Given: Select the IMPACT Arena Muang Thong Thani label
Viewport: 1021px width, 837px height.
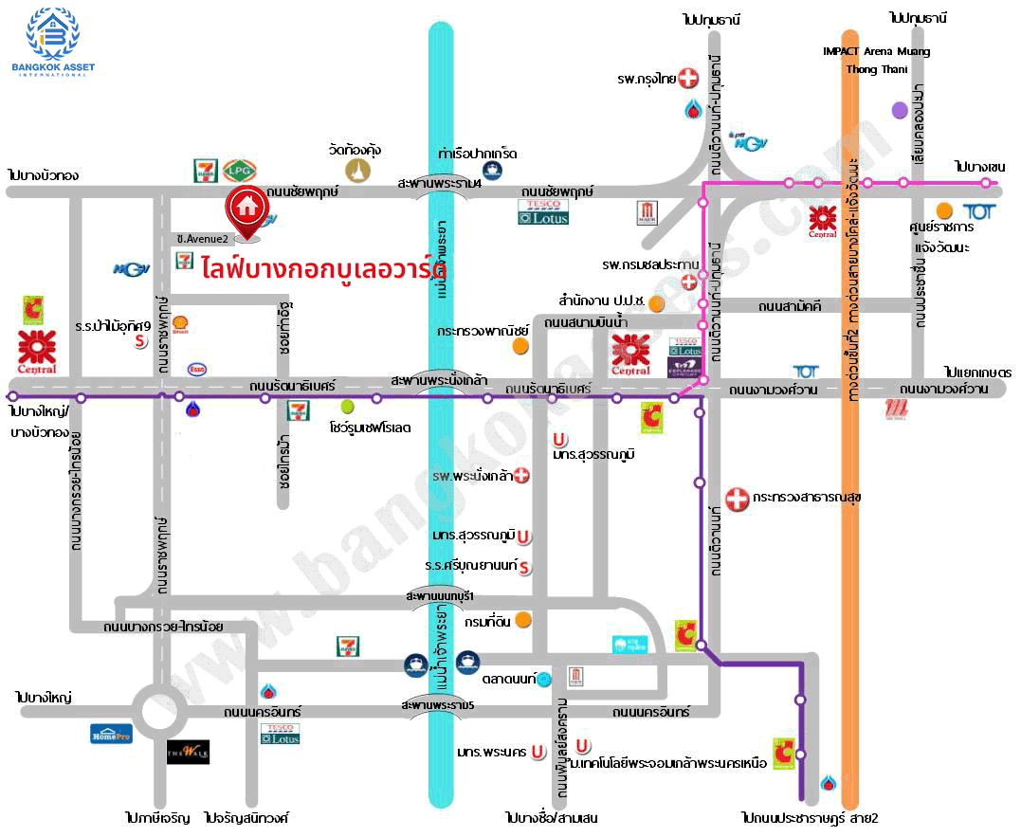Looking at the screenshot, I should [875, 60].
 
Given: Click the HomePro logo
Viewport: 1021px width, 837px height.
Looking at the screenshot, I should [111, 733].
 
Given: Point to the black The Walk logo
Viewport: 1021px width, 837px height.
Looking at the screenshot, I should [188, 752].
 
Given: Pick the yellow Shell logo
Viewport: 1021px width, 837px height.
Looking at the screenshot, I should [180, 324].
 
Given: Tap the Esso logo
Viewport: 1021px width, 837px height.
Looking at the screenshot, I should [197, 369].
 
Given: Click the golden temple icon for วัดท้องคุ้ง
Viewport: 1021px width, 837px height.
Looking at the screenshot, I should [357, 171].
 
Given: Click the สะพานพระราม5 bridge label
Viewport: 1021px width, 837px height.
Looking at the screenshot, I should [437, 706].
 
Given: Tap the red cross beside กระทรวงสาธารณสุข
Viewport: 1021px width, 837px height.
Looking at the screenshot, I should [737, 497].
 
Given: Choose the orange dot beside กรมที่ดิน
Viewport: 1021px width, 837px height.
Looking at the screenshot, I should [522, 621].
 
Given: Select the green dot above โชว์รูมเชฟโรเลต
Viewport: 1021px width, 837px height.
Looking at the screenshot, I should [347, 406].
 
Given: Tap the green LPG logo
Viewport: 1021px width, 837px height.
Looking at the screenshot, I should [236, 171].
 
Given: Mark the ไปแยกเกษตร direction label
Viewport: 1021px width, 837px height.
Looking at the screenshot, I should [977, 372].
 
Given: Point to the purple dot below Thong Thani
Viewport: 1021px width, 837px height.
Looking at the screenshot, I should [900, 110].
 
